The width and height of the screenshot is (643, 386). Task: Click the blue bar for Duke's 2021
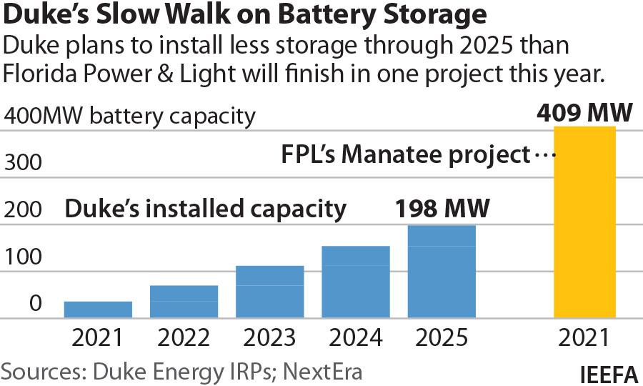point(98,310)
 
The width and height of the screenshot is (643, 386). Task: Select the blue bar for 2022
point(184,302)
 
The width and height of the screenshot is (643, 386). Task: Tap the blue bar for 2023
point(269,292)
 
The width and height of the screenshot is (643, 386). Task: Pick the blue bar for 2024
point(355,282)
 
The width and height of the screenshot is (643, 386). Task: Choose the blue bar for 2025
point(442,272)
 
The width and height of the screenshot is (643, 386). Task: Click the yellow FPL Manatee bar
point(584,222)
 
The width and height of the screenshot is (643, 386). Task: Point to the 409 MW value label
point(584,113)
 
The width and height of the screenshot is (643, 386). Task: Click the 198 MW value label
point(442,209)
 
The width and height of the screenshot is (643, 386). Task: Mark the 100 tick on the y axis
point(24,257)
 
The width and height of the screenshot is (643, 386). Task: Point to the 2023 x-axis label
point(269,337)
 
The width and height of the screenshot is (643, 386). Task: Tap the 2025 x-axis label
point(442,337)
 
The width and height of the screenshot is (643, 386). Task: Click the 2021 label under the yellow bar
point(584,337)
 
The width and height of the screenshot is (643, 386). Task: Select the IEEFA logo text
point(608,373)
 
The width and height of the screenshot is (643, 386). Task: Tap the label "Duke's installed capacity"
point(206,209)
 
